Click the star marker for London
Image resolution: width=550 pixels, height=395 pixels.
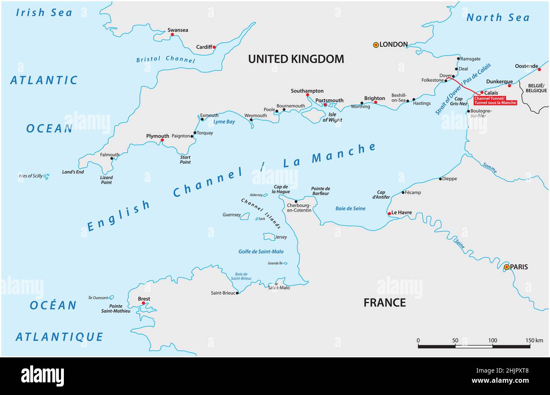click(x=376, y=45)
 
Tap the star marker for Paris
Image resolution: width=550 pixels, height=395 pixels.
click(x=506, y=267)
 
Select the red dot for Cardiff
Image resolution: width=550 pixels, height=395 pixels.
click(x=214, y=47)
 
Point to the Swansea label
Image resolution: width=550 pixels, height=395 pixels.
click(x=178, y=30)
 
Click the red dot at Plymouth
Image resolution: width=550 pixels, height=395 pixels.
click(x=162, y=140)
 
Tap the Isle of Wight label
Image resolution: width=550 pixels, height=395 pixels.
click(x=332, y=117)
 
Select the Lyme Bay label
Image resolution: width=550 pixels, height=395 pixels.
click(x=224, y=121)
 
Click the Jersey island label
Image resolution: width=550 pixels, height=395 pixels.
click(x=281, y=237)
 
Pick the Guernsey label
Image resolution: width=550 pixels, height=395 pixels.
click(x=231, y=215)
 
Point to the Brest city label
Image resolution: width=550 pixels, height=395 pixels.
click(x=144, y=299)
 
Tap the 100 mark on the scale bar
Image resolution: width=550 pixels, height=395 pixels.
click(x=492, y=340)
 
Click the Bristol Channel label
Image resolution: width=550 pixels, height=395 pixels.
click(x=165, y=60)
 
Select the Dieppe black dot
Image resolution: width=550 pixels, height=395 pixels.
click(x=440, y=179)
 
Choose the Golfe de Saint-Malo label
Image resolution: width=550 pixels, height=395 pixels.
click(x=261, y=252)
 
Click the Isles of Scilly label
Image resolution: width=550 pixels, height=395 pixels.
click(x=31, y=176)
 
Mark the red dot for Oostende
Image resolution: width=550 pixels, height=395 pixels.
click(x=539, y=69)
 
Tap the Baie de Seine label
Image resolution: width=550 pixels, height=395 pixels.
click(x=350, y=208)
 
